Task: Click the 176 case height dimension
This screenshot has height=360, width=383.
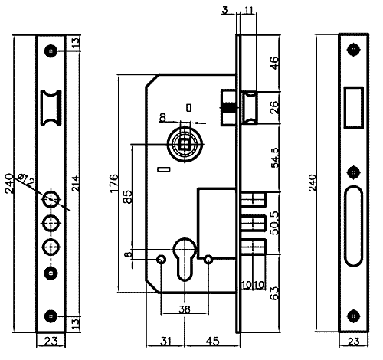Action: [x=114, y=183]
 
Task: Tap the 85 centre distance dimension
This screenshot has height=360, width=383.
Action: [x=128, y=197]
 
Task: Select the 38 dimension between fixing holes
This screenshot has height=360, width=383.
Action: [x=185, y=309]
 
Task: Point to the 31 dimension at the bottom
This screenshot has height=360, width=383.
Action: [x=165, y=341]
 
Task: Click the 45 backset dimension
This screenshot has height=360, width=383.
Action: [x=212, y=341]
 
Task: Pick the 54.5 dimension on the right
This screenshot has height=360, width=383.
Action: [x=275, y=158]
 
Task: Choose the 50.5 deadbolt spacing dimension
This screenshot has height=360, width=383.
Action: [x=275, y=223]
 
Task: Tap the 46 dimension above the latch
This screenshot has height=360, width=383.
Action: [x=273, y=63]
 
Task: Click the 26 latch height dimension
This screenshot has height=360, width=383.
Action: [x=273, y=107]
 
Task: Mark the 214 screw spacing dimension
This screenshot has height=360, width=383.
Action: [x=76, y=183]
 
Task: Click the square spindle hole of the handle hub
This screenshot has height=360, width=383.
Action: [x=185, y=144]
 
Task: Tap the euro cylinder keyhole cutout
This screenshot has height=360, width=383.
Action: [x=185, y=258]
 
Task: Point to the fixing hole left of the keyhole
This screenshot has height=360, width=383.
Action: [x=161, y=260]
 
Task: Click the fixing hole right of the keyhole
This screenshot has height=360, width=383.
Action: [x=208, y=260]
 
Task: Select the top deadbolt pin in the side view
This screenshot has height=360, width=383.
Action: [x=253, y=199]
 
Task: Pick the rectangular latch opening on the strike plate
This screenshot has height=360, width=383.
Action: [x=354, y=108]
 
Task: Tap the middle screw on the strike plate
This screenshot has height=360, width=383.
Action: [x=354, y=172]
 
